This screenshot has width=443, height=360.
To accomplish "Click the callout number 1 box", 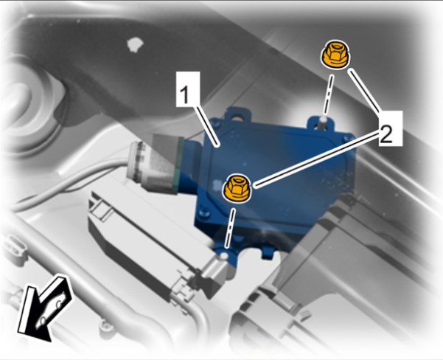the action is tap(188, 89).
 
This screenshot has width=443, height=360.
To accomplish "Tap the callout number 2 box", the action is tap(391, 128).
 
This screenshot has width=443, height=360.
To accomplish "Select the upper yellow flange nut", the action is tap(335, 55).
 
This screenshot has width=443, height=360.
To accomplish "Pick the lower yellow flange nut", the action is tap(237, 188).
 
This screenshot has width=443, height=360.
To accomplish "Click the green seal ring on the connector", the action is tap(178, 165).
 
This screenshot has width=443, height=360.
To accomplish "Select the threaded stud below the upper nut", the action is tap(322, 122).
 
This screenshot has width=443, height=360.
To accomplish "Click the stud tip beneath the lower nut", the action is tap(224, 256).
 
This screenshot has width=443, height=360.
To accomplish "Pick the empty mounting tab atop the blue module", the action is tap(237, 114).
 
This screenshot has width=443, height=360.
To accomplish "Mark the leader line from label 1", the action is tap(208, 126).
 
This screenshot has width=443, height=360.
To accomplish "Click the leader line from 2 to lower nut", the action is tap(316, 158).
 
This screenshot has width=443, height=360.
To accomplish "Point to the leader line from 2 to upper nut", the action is tap(364, 91).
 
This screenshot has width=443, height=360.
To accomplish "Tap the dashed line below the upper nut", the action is tap(328, 94).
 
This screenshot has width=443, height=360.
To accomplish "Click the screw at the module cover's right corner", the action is tap(346, 138).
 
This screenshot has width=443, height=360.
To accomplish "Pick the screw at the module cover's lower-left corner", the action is tap(203, 212).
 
